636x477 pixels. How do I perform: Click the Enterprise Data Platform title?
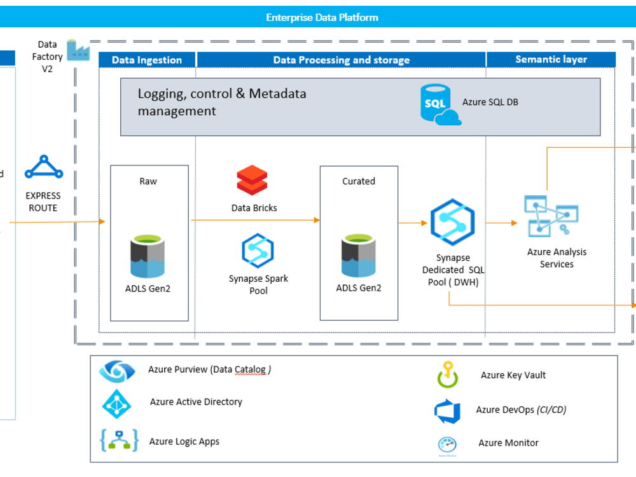(322, 17)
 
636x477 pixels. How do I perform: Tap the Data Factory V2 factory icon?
(78, 50)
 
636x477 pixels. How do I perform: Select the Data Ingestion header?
(147, 60)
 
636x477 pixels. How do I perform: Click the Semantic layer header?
(551, 59)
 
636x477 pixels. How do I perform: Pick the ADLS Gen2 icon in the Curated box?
(359, 257)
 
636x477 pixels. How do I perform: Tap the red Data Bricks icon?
(252, 180)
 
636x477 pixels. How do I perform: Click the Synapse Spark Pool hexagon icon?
(258, 251)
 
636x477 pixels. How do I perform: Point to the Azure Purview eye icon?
(117, 370)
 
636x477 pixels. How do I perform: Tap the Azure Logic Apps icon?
(119, 441)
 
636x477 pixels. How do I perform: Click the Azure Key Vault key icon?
(447, 375)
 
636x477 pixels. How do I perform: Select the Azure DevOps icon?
(447, 411)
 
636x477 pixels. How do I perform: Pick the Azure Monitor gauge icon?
(447, 444)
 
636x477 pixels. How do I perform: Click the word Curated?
(359, 181)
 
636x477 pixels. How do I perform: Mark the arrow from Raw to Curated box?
(254, 220)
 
